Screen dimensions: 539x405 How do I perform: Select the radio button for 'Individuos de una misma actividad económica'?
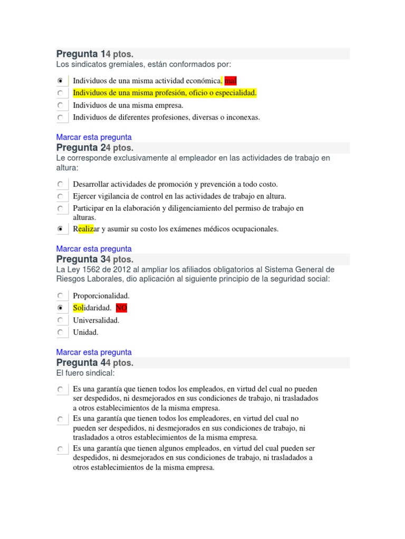[x=61, y=81]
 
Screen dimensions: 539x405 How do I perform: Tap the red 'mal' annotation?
[x=230, y=81]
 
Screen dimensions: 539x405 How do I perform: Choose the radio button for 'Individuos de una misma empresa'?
[x=61, y=105]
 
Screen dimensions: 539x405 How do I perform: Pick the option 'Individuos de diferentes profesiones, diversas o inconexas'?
[x=61, y=117]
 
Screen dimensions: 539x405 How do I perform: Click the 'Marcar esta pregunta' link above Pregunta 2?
[x=94, y=137]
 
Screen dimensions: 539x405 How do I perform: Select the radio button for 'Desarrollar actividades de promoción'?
[x=61, y=184]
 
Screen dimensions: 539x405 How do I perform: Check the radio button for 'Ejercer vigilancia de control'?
[x=61, y=196]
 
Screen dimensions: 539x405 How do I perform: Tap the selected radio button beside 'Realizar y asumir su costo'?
[x=61, y=229]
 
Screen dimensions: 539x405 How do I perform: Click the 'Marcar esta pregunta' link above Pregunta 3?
[x=94, y=248]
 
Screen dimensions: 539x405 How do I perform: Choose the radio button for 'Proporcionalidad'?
[x=61, y=296]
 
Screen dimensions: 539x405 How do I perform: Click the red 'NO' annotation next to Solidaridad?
[x=121, y=308]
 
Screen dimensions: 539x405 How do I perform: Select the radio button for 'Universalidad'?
[x=61, y=320]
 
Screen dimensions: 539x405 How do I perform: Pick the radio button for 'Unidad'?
[x=61, y=332]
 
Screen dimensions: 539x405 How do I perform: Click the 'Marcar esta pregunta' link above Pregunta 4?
[x=94, y=352]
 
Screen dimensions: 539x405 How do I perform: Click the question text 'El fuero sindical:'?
[x=85, y=373]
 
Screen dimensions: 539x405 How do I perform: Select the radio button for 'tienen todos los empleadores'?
[x=61, y=419]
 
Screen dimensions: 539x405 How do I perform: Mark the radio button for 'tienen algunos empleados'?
[x=61, y=449]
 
